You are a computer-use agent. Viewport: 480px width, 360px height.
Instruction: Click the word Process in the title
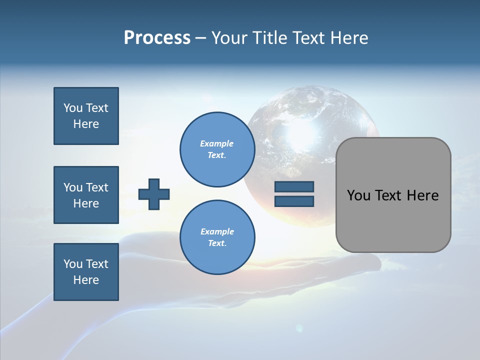coord(157,38)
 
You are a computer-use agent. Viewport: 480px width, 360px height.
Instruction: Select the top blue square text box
coord(86,116)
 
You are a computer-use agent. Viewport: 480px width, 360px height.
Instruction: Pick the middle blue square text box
coord(86,195)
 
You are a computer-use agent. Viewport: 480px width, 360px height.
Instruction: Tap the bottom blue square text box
coord(86,272)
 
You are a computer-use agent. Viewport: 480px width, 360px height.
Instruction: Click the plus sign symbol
coord(154,194)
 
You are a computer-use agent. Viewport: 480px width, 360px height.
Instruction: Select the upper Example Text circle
coord(217,149)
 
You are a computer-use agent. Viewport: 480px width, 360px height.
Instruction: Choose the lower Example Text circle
coord(217,237)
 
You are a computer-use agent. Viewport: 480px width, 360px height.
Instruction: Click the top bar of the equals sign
coord(294,186)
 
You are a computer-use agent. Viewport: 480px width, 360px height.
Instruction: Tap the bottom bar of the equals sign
coord(294,201)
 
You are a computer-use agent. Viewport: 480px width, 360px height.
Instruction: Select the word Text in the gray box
coord(388,195)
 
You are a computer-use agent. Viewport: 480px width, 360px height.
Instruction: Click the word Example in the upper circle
coord(217,143)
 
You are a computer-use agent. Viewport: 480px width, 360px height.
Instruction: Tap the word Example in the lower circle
coord(217,231)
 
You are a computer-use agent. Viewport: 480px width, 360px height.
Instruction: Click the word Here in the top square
coord(86,124)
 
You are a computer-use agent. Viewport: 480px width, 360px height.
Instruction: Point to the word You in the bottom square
coord(73,264)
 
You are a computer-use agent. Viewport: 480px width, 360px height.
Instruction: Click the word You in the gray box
coord(358,195)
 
